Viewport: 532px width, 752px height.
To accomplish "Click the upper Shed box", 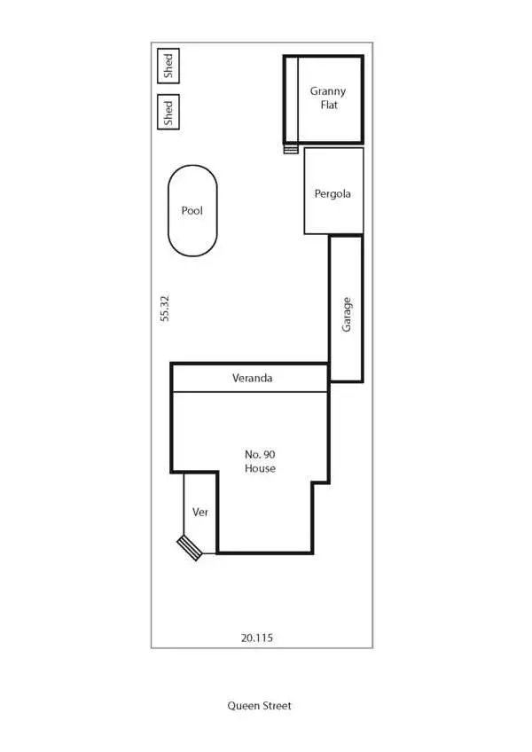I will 168,66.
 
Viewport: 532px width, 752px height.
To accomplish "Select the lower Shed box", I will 168,112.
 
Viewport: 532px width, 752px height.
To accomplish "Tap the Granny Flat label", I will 328,98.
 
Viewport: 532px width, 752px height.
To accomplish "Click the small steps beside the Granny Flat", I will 291,149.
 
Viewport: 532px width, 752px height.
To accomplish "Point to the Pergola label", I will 332,193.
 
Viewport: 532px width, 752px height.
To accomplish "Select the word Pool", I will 192,211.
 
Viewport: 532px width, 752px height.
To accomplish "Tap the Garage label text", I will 347,314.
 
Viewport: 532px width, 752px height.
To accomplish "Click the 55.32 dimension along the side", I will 165,309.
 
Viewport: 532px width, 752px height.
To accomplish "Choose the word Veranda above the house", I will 253,378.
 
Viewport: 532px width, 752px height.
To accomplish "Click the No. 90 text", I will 260,454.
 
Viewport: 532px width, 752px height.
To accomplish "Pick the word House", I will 260,468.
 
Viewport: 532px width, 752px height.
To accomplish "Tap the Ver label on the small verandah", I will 199,512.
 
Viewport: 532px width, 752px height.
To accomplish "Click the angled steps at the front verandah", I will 189,547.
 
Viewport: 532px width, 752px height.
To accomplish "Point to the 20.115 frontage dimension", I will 257,637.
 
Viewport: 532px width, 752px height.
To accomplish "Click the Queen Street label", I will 259,706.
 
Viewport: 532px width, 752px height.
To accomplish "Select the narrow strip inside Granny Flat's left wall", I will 292,99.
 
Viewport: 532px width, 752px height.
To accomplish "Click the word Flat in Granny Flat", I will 329,105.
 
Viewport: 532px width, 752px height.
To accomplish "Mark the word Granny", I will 328,91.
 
